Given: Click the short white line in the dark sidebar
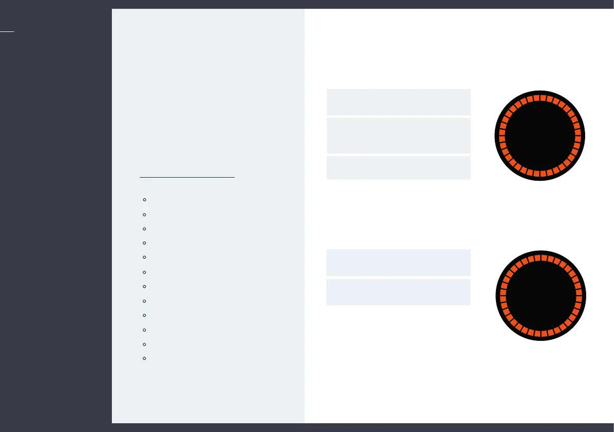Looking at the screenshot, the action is [x=7, y=31].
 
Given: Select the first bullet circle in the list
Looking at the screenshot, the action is [x=145, y=199].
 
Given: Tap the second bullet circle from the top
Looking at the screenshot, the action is [x=145, y=214].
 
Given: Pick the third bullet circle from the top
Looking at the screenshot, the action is [x=145, y=228].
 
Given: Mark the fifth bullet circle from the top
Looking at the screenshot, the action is [x=145, y=257].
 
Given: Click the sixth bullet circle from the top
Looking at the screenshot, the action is [x=145, y=272].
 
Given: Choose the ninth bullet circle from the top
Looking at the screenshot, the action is [x=145, y=315].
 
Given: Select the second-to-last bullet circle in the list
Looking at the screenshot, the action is [x=145, y=344].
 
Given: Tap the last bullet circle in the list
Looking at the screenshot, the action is [x=145, y=358].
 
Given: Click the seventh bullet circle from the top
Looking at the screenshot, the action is [x=145, y=286].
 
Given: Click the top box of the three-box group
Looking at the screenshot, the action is [x=399, y=102].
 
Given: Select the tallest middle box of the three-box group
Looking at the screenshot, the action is [x=399, y=135].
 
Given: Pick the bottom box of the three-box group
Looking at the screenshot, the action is [x=399, y=167].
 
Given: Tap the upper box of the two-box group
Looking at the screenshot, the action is [x=399, y=263].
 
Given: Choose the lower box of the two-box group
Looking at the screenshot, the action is [x=399, y=292].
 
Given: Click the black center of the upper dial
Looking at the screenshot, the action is [x=540, y=136].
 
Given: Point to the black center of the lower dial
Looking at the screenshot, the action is [x=541, y=296].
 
